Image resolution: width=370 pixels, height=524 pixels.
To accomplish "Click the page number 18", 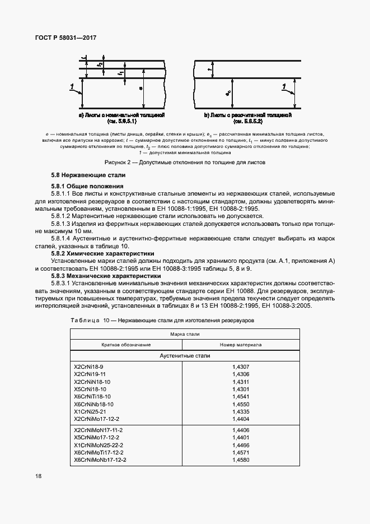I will [38, 476].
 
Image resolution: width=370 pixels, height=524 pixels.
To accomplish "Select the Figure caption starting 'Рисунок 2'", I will [185, 163].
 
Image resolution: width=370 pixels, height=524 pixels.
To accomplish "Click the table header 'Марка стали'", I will [185, 333].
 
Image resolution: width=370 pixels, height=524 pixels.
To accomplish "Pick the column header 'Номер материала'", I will [241, 345].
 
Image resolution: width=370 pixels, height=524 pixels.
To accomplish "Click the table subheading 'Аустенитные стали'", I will [185, 356].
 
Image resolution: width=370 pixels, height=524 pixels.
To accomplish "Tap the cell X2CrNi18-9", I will [88, 366].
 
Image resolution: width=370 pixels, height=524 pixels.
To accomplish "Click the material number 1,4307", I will [241, 366].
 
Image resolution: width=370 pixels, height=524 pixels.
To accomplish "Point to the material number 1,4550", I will [241, 404].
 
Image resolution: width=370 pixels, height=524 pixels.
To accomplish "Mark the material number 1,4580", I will [241, 460].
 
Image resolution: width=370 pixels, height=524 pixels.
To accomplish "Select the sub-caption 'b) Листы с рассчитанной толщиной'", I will [248, 114].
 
